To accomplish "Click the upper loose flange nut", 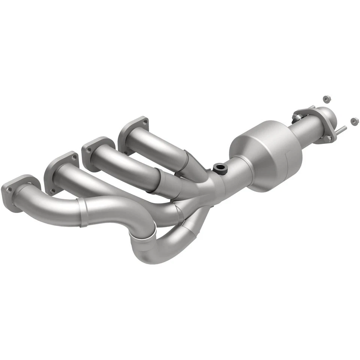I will pyautogui.click(x=327, y=99).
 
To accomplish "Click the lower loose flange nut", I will pyautogui.click(x=353, y=121).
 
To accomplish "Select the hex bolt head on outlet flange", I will pyautogui.click(x=328, y=138).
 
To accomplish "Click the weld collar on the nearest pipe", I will pyautogui.click(x=83, y=212).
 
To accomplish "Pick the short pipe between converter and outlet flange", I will pyautogui.click(x=306, y=129).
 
